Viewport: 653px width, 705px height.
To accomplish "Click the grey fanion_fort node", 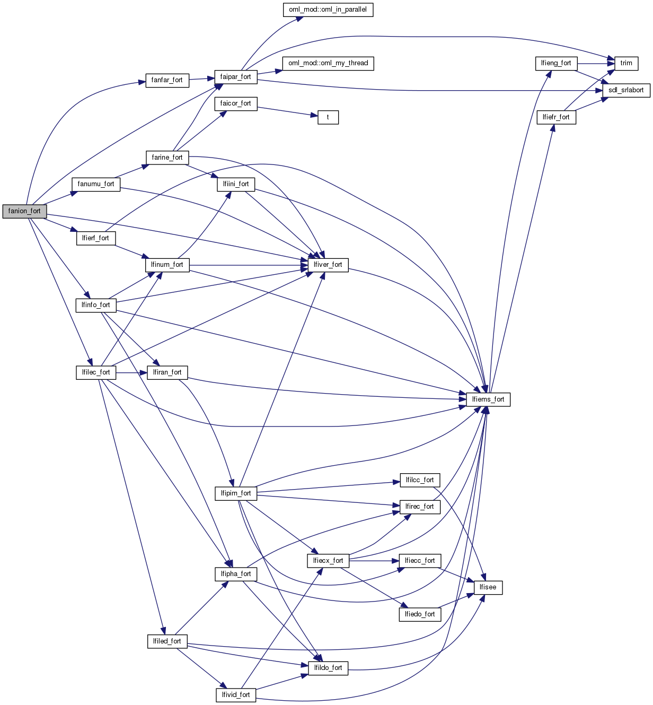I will tap(24, 211).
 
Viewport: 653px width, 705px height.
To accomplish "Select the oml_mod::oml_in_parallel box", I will tap(328, 10).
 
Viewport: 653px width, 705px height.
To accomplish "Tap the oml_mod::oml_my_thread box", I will tap(328, 63).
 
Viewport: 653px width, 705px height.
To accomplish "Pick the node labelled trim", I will tap(626, 63).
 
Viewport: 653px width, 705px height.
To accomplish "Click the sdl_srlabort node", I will tap(625, 90).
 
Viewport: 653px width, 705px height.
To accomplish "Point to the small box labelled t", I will tap(328, 117).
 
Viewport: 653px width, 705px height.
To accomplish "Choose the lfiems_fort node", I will tap(488, 399).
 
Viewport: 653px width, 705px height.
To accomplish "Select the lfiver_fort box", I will tap(328, 265).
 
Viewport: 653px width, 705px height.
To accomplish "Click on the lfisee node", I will tap(488, 588).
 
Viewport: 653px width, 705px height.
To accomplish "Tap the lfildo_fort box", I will tap(328, 668).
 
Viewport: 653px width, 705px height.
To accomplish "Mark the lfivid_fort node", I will tap(236, 695).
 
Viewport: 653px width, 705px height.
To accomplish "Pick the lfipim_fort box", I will tap(236, 493).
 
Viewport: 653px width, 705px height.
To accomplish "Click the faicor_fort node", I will tap(236, 103).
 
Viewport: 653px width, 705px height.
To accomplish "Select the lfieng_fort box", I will tap(556, 63).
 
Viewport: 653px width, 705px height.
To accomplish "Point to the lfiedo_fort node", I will tap(419, 614).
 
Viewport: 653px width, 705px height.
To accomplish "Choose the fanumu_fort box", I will tap(95, 184).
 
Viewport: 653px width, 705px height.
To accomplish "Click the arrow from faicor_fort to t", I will tap(287, 111).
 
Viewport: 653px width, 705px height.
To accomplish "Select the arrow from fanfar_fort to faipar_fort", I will tap(201, 79).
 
